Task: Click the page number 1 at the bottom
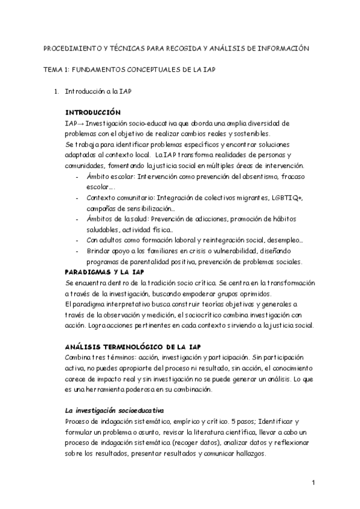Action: pos(314,482)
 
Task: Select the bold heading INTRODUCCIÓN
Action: pos(92,113)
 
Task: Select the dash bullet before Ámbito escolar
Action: pos(77,176)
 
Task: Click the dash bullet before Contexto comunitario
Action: pos(77,197)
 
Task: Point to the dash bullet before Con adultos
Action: pos(77,240)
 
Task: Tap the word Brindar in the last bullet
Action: pos(100,251)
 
